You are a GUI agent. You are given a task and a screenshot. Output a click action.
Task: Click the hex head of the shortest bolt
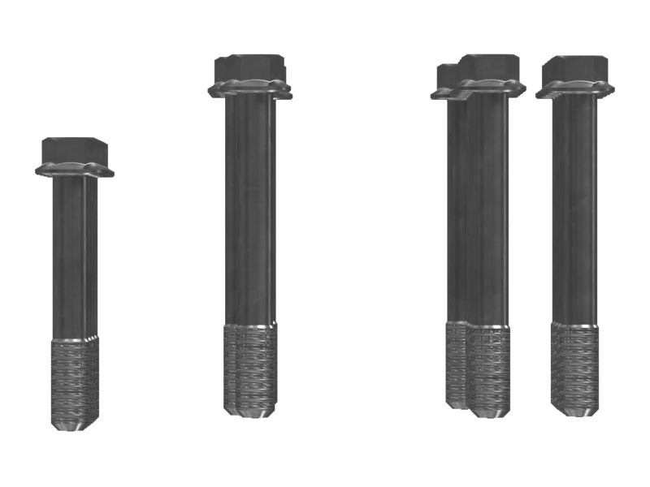click(75, 149)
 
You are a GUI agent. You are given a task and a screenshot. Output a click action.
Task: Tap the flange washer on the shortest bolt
click(75, 170)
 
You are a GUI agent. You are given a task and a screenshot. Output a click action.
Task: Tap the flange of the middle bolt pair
click(250, 88)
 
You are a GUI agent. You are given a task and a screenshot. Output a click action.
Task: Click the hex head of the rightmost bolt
click(574, 68)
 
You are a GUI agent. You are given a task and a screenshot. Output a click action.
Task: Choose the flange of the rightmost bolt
click(574, 89)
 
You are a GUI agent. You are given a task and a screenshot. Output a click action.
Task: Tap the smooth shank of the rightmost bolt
click(574, 203)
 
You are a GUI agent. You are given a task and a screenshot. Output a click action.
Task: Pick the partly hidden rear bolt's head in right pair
click(446, 75)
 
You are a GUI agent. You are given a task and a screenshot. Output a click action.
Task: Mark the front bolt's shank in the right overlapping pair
click(487, 203)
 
